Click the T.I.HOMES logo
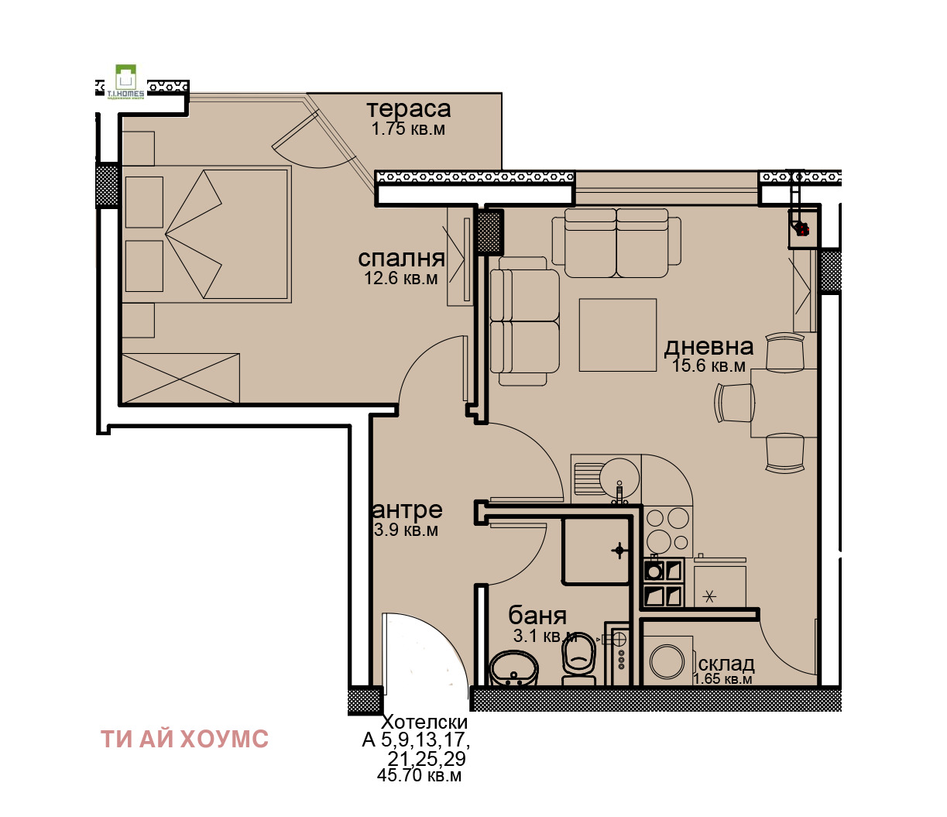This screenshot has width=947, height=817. [125, 81]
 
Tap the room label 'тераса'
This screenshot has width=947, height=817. [408, 110]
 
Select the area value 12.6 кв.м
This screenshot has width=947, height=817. [401, 278]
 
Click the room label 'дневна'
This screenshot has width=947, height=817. [709, 347]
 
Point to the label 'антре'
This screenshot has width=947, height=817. [408, 510]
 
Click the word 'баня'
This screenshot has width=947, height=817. [537, 616]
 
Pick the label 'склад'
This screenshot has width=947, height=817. [726, 664]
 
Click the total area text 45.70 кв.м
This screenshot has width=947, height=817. [419, 775]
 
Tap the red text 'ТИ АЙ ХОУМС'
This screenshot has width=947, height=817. [184, 739]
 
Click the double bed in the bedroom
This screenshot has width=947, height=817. [205, 233]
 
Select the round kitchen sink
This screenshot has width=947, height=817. [619, 474]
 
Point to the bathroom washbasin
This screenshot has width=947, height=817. [513, 668]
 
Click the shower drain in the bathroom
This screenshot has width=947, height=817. [619, 551]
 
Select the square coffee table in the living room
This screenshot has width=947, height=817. [618, 335]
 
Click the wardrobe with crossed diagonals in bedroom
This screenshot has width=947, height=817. [180, 379]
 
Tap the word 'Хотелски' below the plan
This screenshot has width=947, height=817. [426, 722]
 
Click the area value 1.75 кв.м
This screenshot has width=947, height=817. [408, 129]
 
